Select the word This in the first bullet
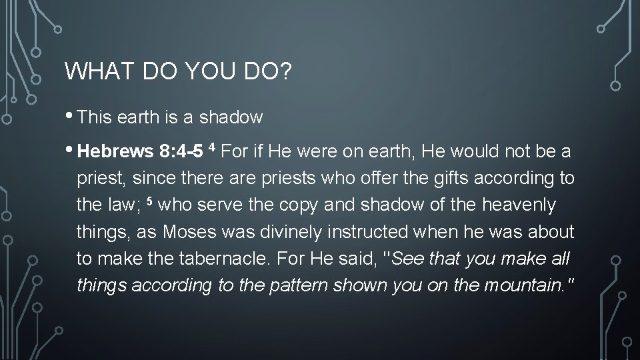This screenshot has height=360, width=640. point(95,118)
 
